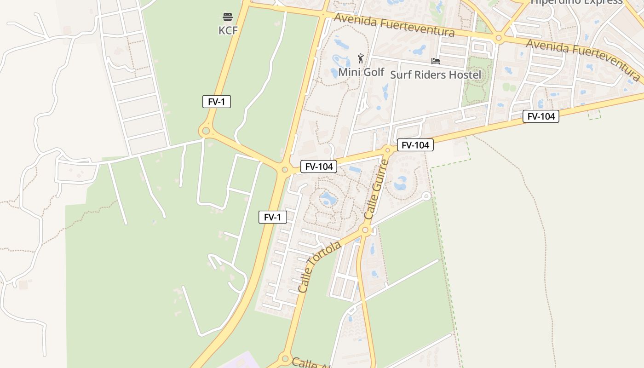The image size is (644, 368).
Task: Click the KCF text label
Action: point(228,31)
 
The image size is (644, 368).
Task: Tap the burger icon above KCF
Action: point(228,17)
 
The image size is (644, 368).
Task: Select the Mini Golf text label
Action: point(361,72)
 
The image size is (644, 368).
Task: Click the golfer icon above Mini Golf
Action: point(361,58)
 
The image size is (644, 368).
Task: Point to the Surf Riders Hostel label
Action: point(436,75)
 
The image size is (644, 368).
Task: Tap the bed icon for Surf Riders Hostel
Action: point(436,61)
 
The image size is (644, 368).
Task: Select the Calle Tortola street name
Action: point(319,267)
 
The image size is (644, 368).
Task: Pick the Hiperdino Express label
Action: point(577,2)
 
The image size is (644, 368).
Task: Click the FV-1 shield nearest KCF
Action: point(217,102)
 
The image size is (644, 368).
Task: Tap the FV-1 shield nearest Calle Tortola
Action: point(273,217)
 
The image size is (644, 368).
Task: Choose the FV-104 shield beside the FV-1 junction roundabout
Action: point(319,167)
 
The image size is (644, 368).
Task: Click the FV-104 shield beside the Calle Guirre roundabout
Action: point(415,145)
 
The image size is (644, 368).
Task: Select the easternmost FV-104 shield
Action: point(541,116)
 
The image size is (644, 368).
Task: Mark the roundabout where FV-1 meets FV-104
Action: point(285,170)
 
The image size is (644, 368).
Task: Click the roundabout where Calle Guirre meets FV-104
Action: point(387,150)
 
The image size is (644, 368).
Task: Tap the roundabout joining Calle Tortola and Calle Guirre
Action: point(365,230)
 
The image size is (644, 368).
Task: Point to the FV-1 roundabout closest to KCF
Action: point(206,131)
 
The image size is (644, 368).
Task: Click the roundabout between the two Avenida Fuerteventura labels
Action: point(498,38)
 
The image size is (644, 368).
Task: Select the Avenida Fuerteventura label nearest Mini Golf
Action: point(394,25)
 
